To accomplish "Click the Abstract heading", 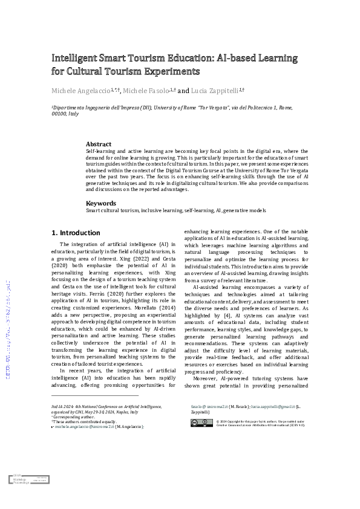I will [99, 144].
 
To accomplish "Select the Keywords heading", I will [102, 203].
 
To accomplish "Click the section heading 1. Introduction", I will [76, 233].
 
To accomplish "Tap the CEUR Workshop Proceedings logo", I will [29, 478].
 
